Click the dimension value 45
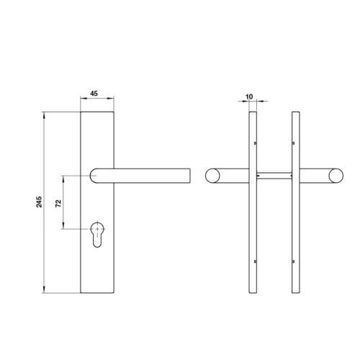[x=95, y=93]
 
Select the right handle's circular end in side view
[x=336, y=174]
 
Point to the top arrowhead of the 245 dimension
[x=45, y=114]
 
